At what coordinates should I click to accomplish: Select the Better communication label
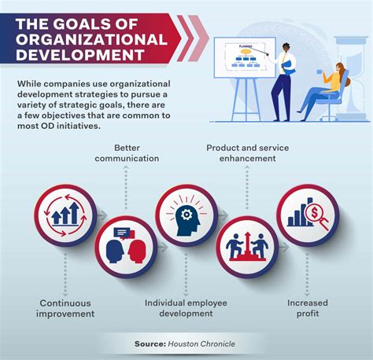coord(127,153)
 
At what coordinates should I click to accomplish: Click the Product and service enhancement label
coord(242,153)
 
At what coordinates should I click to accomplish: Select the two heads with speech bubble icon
coord(126,246)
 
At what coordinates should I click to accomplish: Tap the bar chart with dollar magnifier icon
coord(307,212)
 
